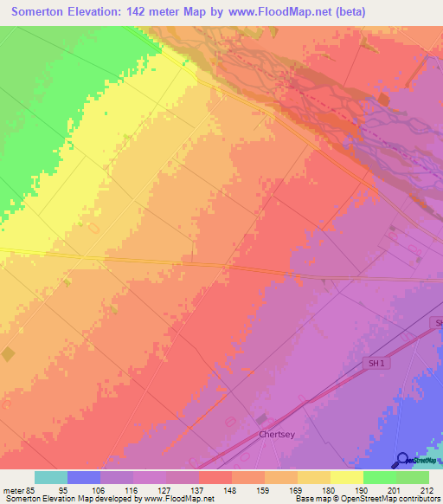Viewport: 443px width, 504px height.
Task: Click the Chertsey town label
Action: pyautogui.click(x=278, y=436)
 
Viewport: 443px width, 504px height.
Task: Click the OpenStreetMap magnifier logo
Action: pyautogui.click(x=402, y=460)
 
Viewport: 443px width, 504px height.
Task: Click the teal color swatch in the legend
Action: pyautogui.click(x=51, y=477)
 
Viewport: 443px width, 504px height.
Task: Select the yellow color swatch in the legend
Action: pyautogui.click(x=347, y=477)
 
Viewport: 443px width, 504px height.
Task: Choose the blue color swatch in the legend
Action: pyautogui.click(x=84, y=477)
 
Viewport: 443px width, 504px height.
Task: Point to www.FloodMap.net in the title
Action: pyautogui.click(x=278, y=12)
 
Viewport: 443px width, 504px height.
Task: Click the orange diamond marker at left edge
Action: pyautogui.click(x=8, y=354)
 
